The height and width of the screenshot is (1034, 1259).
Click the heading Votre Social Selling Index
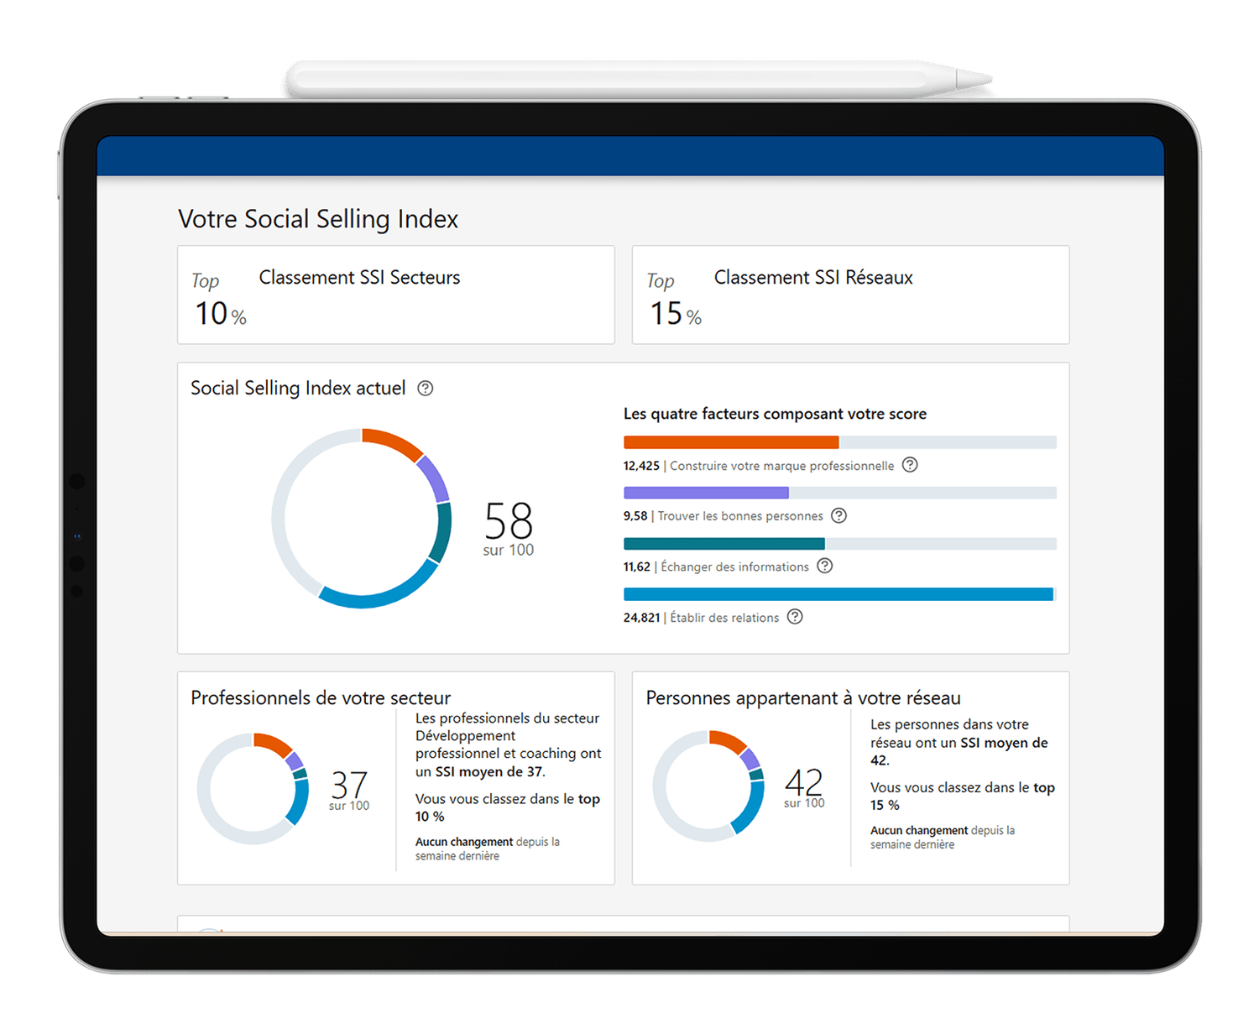(318, 219)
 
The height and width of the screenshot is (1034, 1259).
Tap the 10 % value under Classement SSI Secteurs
(220, 314)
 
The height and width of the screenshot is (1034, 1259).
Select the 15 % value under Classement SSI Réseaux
(675, 314)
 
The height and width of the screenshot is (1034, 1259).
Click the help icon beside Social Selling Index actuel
(426, 389)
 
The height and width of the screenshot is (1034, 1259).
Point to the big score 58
(508, 521)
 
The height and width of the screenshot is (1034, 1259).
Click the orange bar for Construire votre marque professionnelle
(730, 442)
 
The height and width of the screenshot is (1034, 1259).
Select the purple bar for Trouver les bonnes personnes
(706, 493)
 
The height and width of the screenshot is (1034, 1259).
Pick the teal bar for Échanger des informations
(724, 544)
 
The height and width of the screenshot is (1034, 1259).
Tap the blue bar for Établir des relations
(838, 594)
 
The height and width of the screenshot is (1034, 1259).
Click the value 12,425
(641, 466)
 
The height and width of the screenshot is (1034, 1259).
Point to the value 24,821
(641, 618)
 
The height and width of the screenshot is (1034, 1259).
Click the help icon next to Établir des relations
(795, 617)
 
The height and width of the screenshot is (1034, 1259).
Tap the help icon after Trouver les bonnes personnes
(838, 515)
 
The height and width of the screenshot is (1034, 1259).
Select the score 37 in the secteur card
(349, 785)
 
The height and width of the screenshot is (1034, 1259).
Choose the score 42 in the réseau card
(804, 782)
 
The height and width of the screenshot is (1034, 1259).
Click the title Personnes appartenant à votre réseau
(803, 698)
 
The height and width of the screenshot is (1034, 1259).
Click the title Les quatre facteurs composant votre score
(775, 414)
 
